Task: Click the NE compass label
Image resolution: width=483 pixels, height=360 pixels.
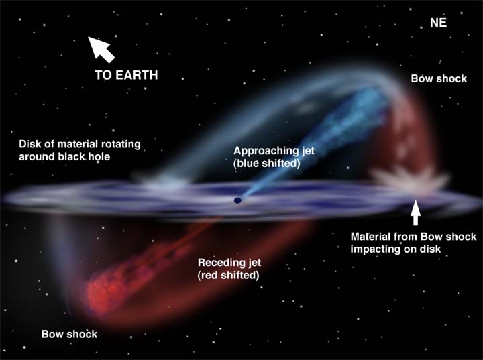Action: coord(438,23)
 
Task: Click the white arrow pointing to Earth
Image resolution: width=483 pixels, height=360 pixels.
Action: coord(101,49)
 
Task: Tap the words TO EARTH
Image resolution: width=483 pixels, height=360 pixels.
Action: coord(126,75)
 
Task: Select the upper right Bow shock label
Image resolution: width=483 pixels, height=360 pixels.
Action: coord(439,79)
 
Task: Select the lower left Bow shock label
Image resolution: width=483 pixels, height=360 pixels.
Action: coord(69,334)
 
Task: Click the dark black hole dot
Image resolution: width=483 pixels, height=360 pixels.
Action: coord(237,200)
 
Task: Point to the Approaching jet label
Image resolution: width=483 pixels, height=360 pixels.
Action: coord(274,151)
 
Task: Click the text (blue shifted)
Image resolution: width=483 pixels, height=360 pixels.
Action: coord(267,163)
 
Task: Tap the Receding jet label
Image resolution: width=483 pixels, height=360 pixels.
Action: coord(229,263)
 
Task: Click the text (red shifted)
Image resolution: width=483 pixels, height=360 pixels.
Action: coord(228,275)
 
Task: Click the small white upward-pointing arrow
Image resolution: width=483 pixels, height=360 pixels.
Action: coord(415,213)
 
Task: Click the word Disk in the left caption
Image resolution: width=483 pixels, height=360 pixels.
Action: coord(30,144)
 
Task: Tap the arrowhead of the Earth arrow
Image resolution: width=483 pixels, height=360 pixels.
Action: coord(95,44)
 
